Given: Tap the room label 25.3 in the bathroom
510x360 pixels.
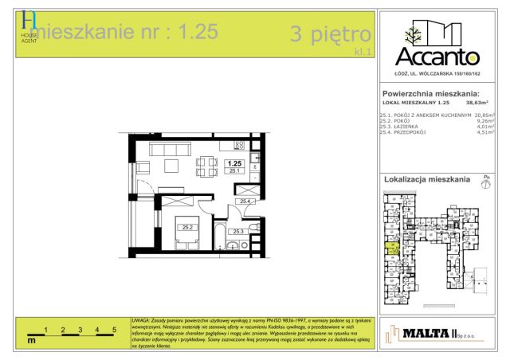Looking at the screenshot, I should (x=237, y=232).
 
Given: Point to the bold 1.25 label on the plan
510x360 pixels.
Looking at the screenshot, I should (x=234, y=163).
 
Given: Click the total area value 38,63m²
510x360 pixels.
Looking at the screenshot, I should (x=477, y=103).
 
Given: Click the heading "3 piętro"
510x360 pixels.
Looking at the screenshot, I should (x=331, y=34).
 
